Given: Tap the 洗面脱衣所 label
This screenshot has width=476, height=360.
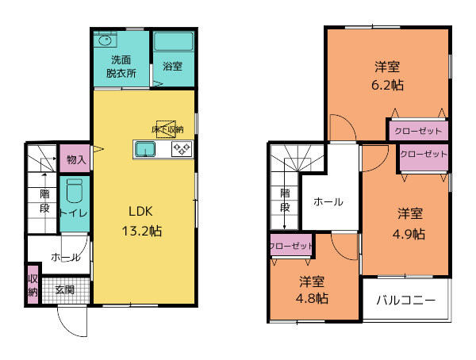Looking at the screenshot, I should tap(121, 66).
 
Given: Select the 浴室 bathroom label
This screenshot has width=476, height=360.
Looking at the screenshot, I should tap(172, 66).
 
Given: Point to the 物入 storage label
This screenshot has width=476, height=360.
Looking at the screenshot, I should tap(76, 160).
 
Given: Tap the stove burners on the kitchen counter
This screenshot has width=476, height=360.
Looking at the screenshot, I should tap(182, 149).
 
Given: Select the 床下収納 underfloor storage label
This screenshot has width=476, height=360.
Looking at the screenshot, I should tap(167, 128).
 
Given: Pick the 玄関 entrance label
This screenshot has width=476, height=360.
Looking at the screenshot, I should tap(64, 290).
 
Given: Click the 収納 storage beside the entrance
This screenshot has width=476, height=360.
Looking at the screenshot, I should tap(33, 285).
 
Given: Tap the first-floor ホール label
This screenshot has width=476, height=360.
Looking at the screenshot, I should tap(64, 257).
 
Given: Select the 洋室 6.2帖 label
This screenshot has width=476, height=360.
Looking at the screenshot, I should tap(386, 74).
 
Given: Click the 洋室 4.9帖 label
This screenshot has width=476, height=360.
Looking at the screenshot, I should tap(409, 223).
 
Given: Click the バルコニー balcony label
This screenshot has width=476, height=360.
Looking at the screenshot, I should tap(405, 301).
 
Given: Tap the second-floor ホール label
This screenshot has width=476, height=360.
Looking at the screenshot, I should tap(328, 201).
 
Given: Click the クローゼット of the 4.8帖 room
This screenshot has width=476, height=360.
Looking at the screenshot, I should tap(290, 246).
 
